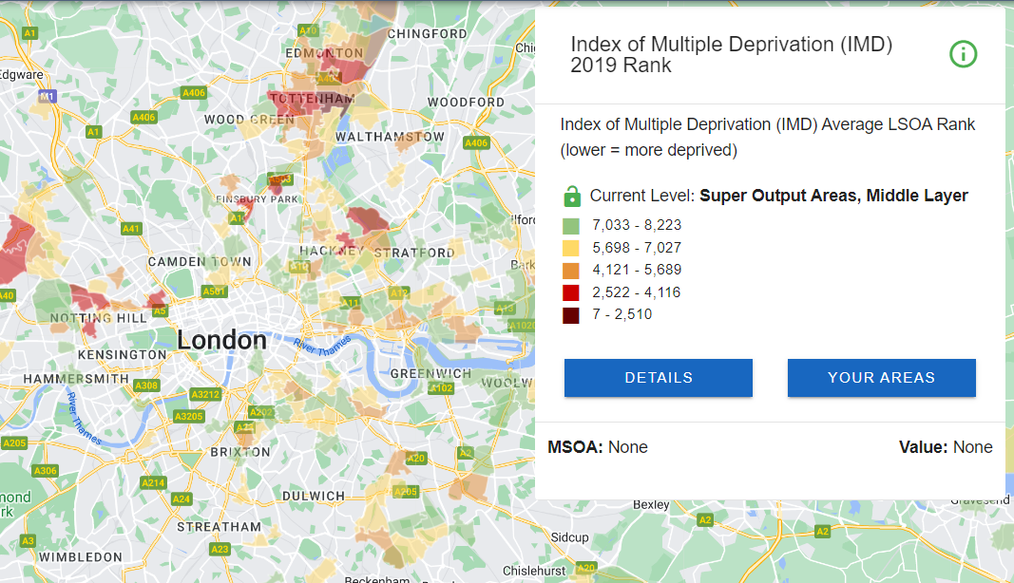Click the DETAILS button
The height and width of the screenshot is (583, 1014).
659,378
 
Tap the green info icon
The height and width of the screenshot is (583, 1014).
963,54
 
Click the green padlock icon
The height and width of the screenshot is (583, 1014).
572,197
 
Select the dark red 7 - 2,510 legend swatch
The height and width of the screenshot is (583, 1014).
570,314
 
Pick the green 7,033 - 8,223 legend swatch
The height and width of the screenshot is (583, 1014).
570,226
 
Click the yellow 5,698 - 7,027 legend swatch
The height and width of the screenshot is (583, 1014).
570,248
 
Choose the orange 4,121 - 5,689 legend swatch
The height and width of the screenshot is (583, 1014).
570,270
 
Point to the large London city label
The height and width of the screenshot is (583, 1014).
222,340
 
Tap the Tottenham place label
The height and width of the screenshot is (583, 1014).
313,99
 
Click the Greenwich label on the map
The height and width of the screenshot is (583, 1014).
430,373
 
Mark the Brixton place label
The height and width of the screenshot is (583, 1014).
239,452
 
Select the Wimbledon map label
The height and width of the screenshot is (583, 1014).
81,556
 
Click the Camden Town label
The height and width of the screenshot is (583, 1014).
200,261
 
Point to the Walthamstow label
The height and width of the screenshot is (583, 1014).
390,137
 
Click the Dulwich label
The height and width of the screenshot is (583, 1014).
314,496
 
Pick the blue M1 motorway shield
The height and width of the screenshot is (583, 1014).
48,97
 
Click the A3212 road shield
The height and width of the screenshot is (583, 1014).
205,394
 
